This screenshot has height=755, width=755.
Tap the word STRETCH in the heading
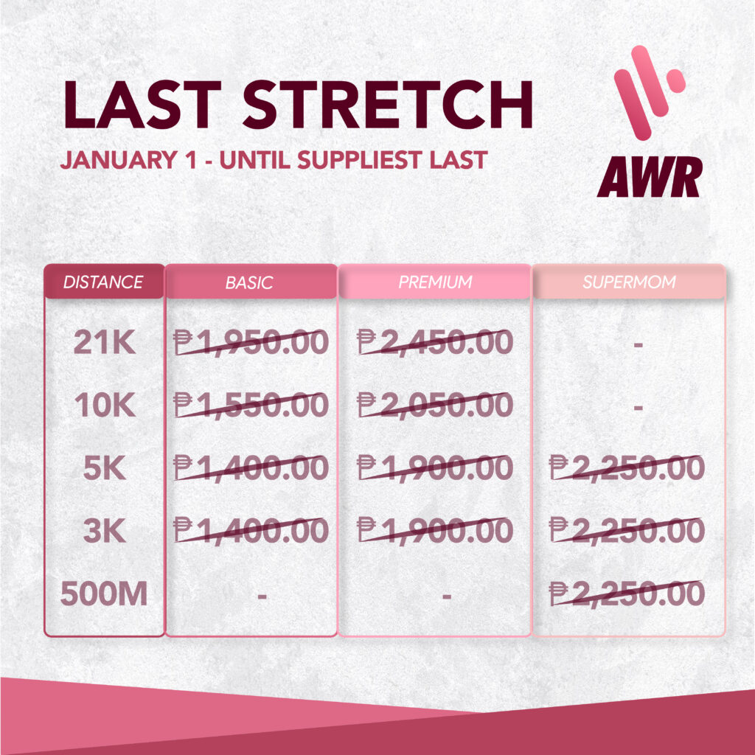pos(388,105)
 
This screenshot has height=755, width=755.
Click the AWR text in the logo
pos(650,177)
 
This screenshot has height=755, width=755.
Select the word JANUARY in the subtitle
pos(119,160)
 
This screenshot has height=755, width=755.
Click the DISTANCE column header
pos(103,282)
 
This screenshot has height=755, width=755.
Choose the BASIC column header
pos(249,282)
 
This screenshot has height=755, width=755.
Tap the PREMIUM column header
pos(435,282)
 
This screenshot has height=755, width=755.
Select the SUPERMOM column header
pos(630,282)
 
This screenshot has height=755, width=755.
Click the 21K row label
pos(105,343)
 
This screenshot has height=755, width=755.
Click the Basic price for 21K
pos(251,342)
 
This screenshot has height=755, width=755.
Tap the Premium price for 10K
pos(435,405)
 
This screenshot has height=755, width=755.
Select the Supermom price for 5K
pos(627,467)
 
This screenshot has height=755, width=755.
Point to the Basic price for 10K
pos(251,405)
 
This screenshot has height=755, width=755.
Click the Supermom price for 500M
pos(627,594)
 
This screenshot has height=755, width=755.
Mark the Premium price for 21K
pos(435,342)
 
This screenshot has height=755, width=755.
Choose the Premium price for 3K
pos(435,530)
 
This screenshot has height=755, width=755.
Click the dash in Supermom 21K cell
pos(639,345)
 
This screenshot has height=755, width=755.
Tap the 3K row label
pos(105,531)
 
